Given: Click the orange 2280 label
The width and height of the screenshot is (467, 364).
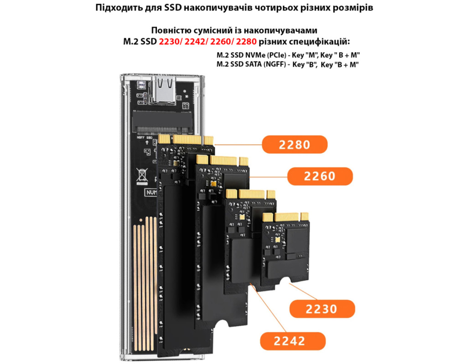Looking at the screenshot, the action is pyautogui.click(x=295, y=144).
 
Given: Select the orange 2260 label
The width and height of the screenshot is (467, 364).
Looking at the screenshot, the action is pyautogui.click(x=320, y=176).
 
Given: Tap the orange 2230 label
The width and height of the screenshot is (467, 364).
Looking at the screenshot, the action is pyautogui.click(x=322, y=309).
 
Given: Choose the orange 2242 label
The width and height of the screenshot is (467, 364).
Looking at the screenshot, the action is pyautogui.click(x=293, y=341).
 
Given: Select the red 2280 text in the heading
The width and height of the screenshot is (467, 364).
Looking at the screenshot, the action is pyautogui.click(x=246, y=41).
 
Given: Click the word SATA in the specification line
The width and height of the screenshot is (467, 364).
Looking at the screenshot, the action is pyautogui.click(x=254, y=65).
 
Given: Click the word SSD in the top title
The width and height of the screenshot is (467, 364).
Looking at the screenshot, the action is pyautogui.click(x=173, y=7).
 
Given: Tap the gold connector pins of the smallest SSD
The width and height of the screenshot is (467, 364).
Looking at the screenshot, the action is pyautogui.click(x=285, y=217).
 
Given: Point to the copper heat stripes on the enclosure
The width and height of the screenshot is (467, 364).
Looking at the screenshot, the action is pyautogui.click(x=145, y=283).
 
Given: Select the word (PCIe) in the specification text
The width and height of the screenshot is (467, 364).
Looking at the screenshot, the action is pyautogui.click(x=277, y=55).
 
